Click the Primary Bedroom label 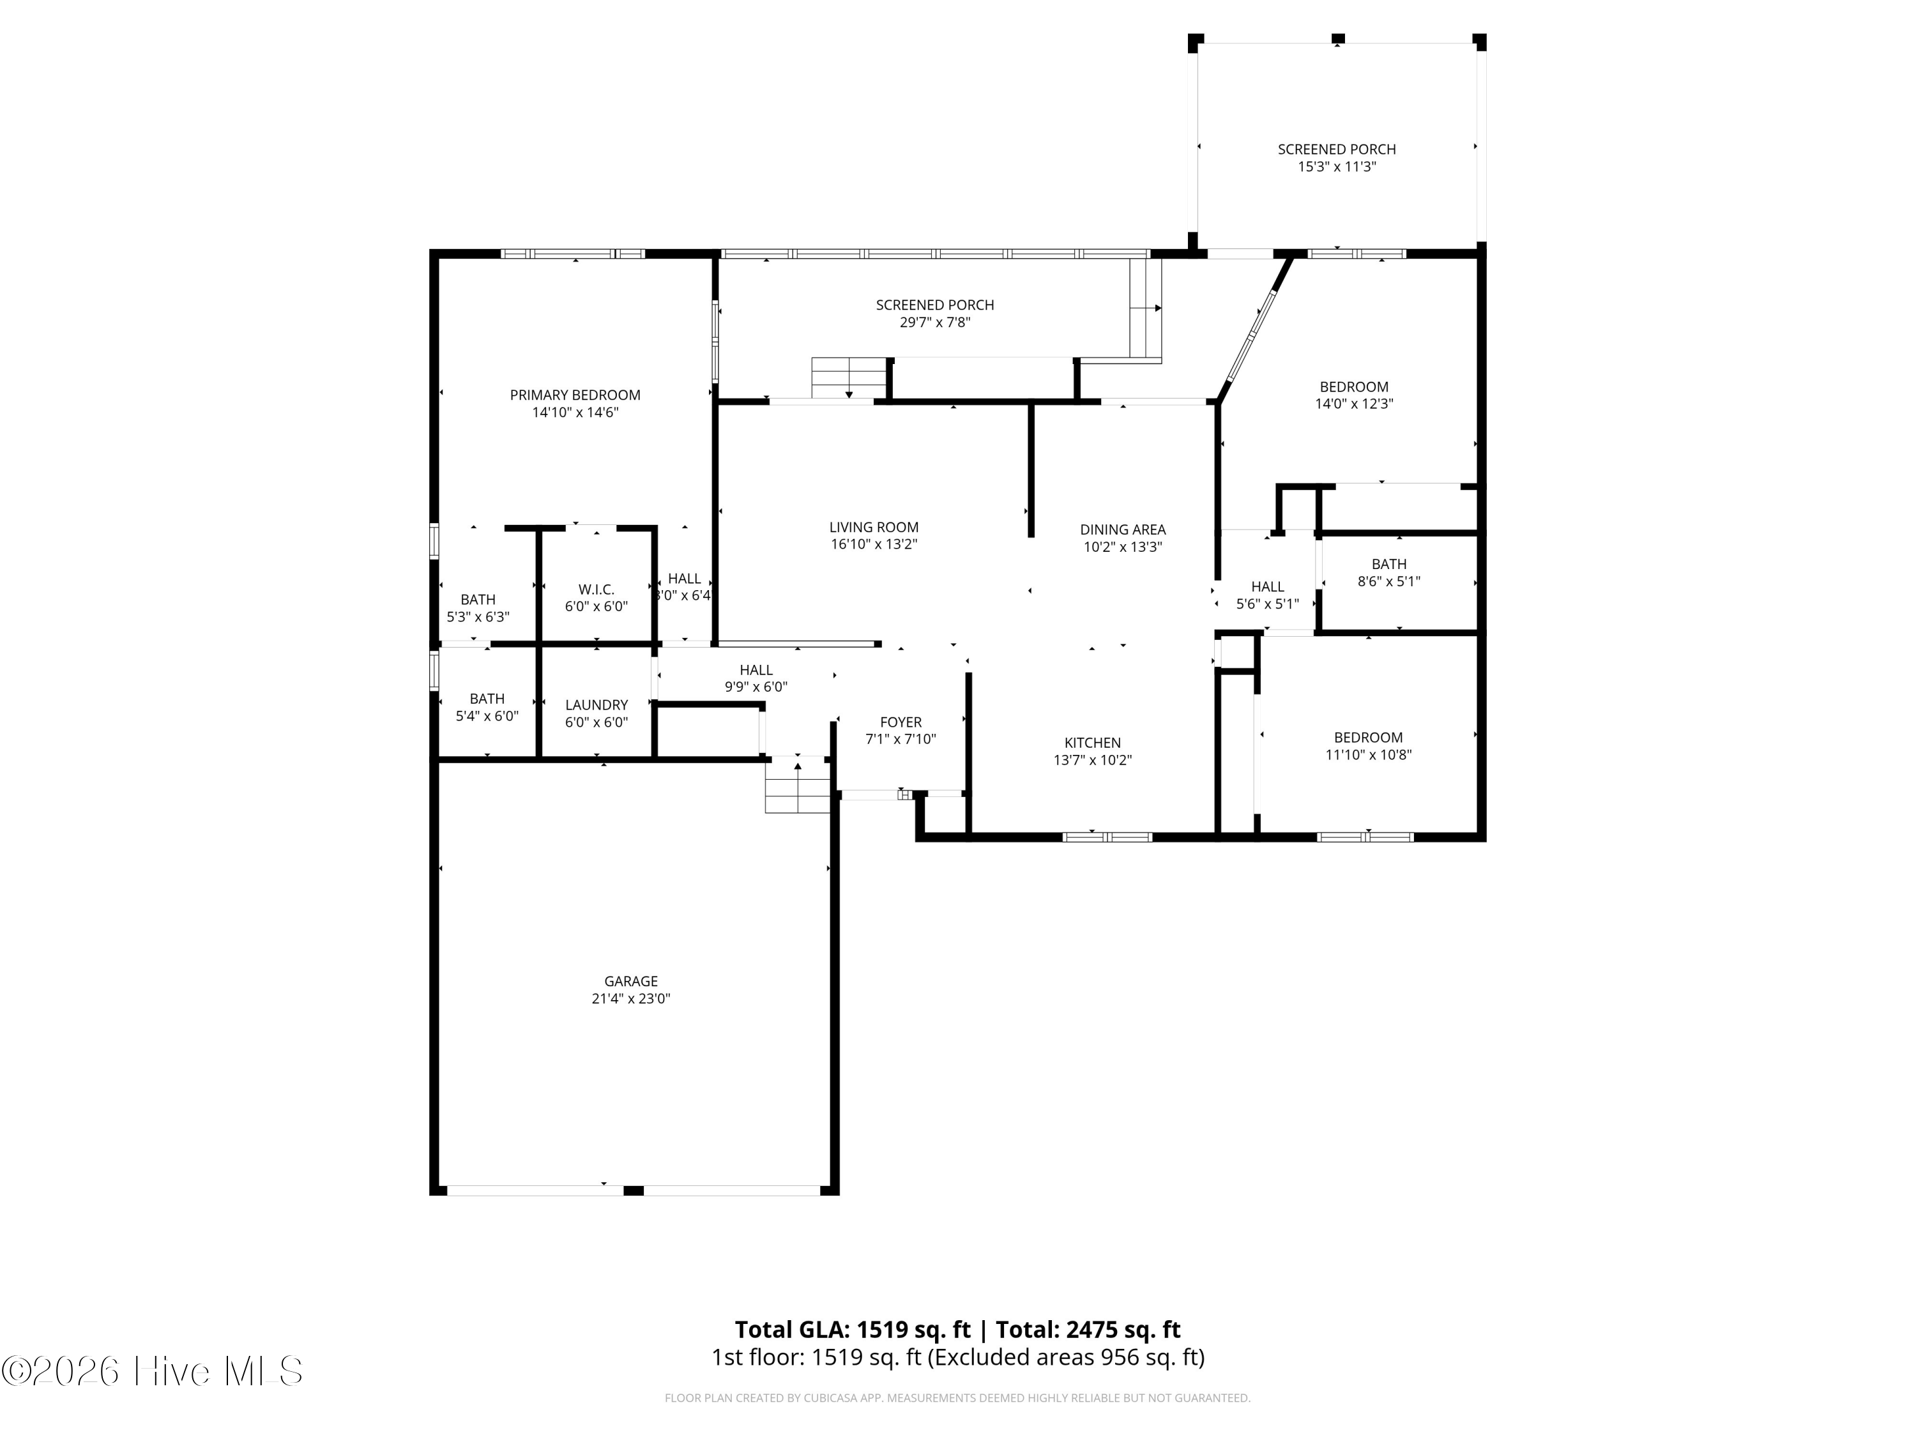pos(575,395)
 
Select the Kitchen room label pos(1092,742)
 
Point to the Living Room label pos(873,527)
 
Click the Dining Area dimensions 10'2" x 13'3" pos(1123,547)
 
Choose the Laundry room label pos(596,705)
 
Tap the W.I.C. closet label pos(596,589)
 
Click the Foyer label pos(900,722)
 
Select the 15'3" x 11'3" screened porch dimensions pos(1337,166)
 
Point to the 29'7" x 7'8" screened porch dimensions pos(934,323)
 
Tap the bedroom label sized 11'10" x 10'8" pos(1368,737)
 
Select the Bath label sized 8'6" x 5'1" pos(1388,564)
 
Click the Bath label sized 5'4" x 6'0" pos(487,698)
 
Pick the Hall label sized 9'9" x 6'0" pos(756,669)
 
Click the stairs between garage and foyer pos(798,786)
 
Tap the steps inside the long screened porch pos(849,377)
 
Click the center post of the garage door pos(633,1190)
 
